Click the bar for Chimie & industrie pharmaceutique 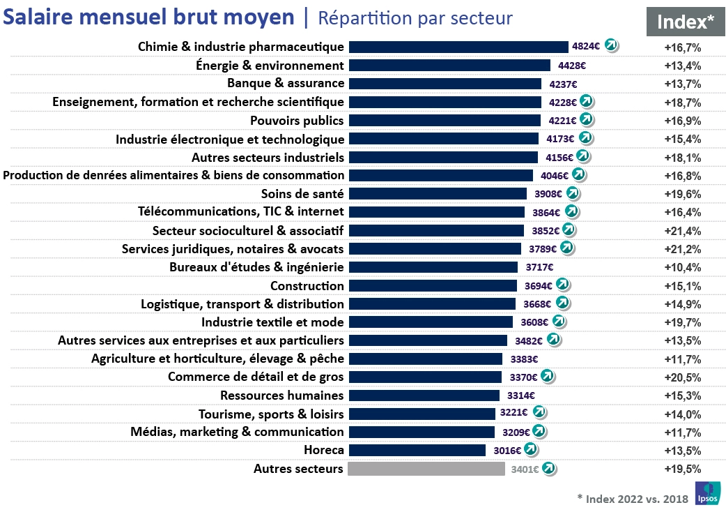pos(458,47)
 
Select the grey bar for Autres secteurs pos(426,469)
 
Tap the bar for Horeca pos(417,450)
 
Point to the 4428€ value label pos(572,66)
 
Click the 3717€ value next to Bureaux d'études pos(540,267)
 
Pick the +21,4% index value pos(683,230)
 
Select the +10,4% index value pos(683,267)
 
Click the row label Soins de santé pos(302,193)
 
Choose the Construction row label pos(307,285)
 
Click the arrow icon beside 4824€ pos(611,46)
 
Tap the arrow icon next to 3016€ pos(531,450)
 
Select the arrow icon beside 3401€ pos(549,469)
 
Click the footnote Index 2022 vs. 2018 pos(632,499)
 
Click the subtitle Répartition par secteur pos(415,19)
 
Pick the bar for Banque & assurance pos(445,84)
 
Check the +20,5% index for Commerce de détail pos(683,377)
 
